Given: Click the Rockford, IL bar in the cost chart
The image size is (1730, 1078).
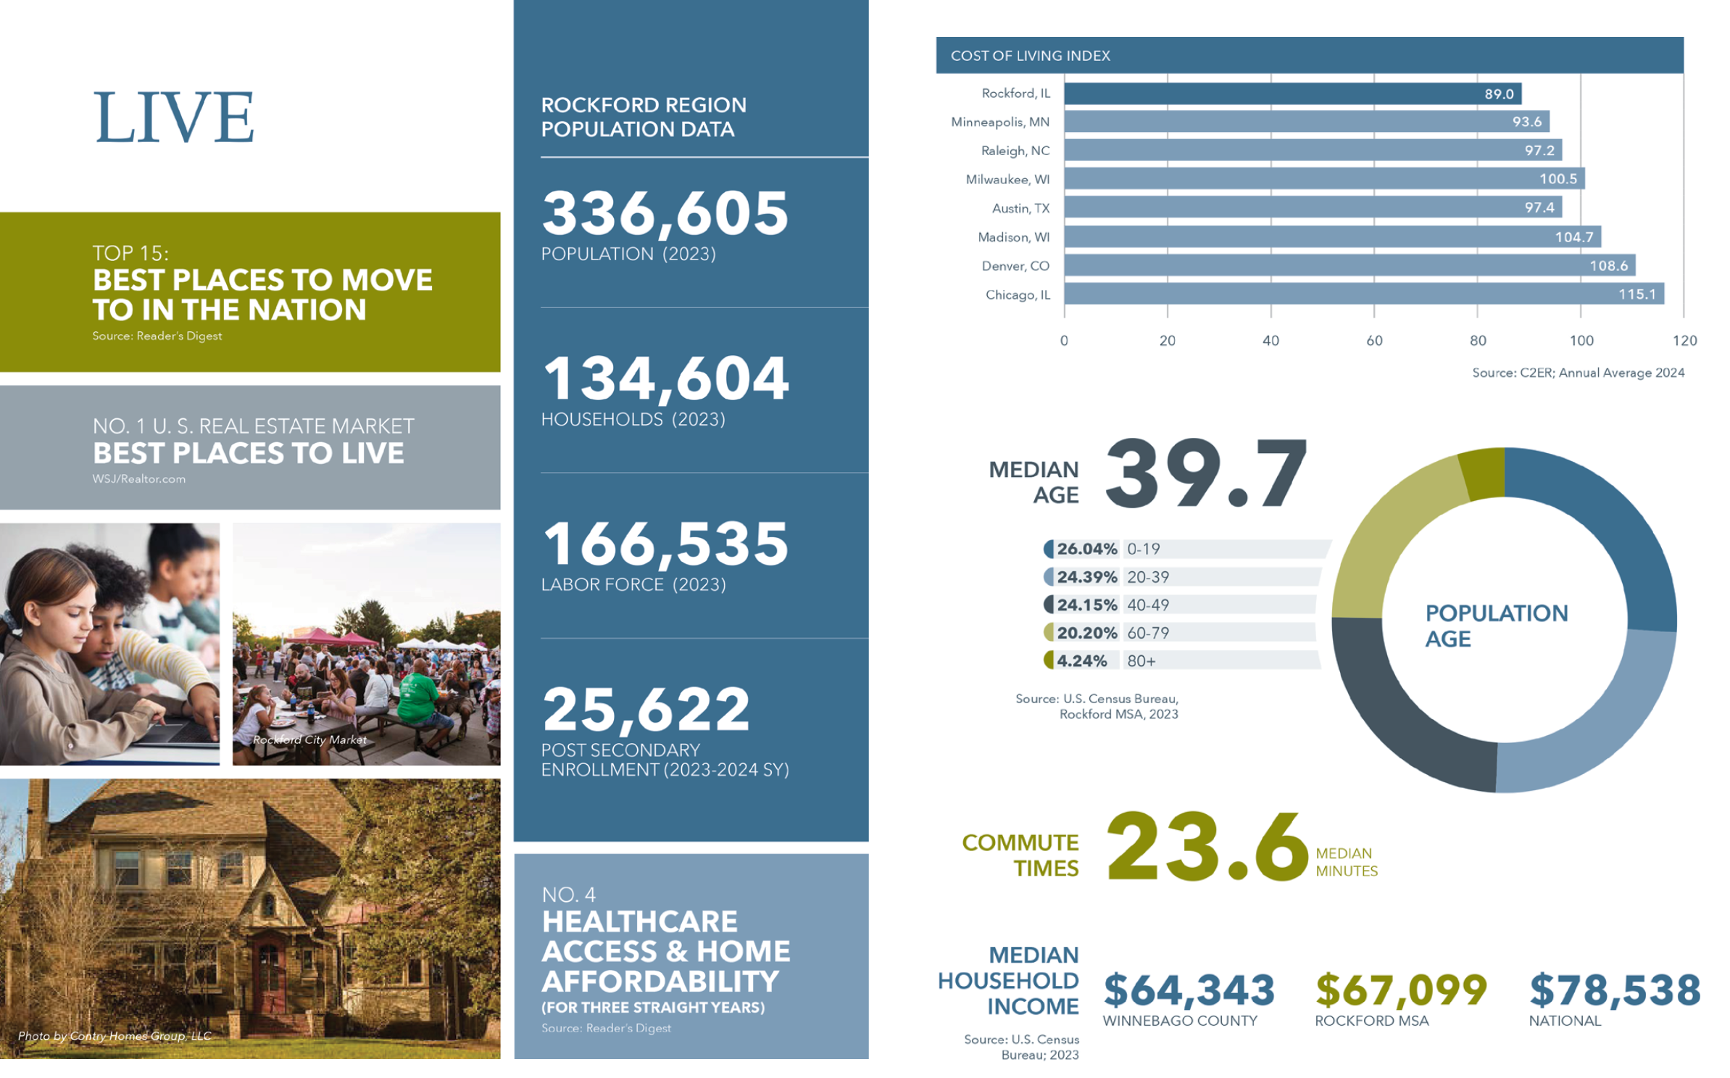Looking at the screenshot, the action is pyautogui.click(x=1292, y=94).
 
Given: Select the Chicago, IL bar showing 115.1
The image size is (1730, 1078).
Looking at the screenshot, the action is pyautogui.click(x=1363, y=294).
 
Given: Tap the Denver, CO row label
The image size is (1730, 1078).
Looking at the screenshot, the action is pyautogui.click(x=1015, y=266).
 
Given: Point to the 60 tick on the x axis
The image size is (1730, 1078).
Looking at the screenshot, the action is pyautogui.click(x=1373, y=340).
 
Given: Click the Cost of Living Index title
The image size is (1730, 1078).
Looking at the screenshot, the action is pyautogui.click(x=1029, y=56).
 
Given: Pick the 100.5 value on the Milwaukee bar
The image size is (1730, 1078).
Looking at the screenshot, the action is pyautogui.click(x=1558, y=178).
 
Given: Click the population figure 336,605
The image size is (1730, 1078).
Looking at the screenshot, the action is pyautogui.click(x=664, y=214).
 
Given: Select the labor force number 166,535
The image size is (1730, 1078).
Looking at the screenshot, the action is pyautogui.click(x=664, y=544).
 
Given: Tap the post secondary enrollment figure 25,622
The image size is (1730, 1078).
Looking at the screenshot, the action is pyautogui.click(x=646, y=710).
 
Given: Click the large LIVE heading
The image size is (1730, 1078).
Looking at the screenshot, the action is pyautogui.click(x=174, y=117).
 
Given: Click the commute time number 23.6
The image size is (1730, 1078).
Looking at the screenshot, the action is pyautogui.click(x=1206, y=847).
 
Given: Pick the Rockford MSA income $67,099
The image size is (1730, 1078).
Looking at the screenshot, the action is pyautogui.click(x=1401, y=990).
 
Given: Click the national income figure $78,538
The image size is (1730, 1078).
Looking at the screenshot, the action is pyautogui.click(x=1615, y=990).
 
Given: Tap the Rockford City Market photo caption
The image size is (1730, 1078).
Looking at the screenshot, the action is pyautogui.click(x=309, y=740).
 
